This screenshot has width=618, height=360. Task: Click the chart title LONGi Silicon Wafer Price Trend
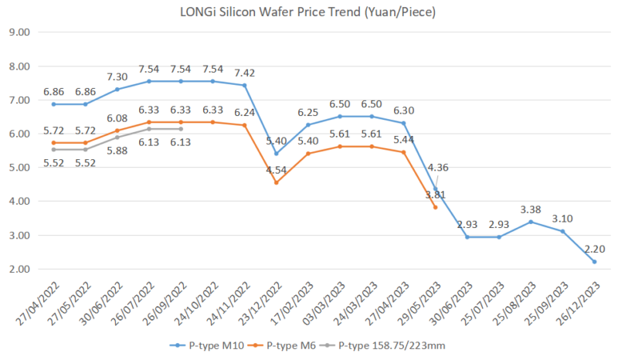pyautogui.click(x=308, y=12)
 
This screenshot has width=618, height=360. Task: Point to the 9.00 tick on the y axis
pyautogui.click(x=19, y=32)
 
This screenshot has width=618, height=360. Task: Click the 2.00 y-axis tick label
pyautogui.click(x=19, y=269)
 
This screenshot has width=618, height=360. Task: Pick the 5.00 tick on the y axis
pyautogui.click(x=19, y=168)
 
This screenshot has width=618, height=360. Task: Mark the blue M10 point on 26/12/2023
pyautogui.click(x=594, y=262)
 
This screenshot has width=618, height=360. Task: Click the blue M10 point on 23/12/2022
pyautogui.click(x=277, y=154)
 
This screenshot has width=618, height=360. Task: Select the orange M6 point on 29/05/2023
pyautogui.click(x=436, y=207)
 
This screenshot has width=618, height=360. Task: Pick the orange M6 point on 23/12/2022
pyautogui.click(x=277, y=182)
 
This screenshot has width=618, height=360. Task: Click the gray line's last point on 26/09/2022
pyautogui.click(x=181, y=129)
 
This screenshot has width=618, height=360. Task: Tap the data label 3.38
pyautogui.click(x=531, y=208)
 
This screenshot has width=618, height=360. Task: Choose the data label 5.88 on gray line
pyautogui.click(x=117, y=151)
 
